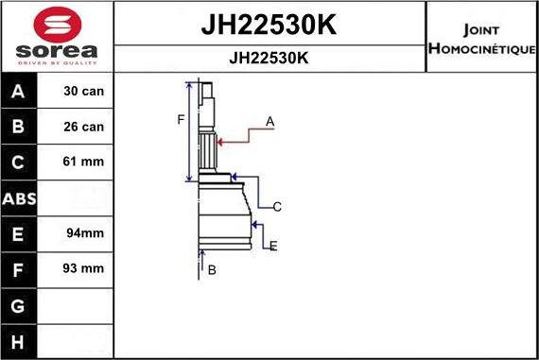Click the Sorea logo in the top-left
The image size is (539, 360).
pos(56,37)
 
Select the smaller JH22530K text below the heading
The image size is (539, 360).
pos(269,58)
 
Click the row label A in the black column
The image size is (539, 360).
pos(20,92)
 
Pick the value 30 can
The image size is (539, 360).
pos(83,92)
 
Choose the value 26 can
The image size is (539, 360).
pos(83,127)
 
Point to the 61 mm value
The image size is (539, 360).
pos(83,162)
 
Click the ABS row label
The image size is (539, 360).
pos(20,198)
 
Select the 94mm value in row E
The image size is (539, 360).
pos(83,233)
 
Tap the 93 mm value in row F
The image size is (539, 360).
pos(83,268)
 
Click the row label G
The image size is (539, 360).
pos(20,305)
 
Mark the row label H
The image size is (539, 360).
pos(20,340)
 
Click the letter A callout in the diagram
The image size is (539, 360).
pos(269,121)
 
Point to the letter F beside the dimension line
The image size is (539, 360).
pos(181,119)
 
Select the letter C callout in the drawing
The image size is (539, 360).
pos(277,206)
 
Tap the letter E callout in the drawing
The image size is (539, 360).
pos(272,246)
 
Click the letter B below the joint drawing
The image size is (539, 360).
pos(212,270)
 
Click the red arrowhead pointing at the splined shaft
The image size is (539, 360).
pos(221,142)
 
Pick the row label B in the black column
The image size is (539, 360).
pos(20,127)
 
